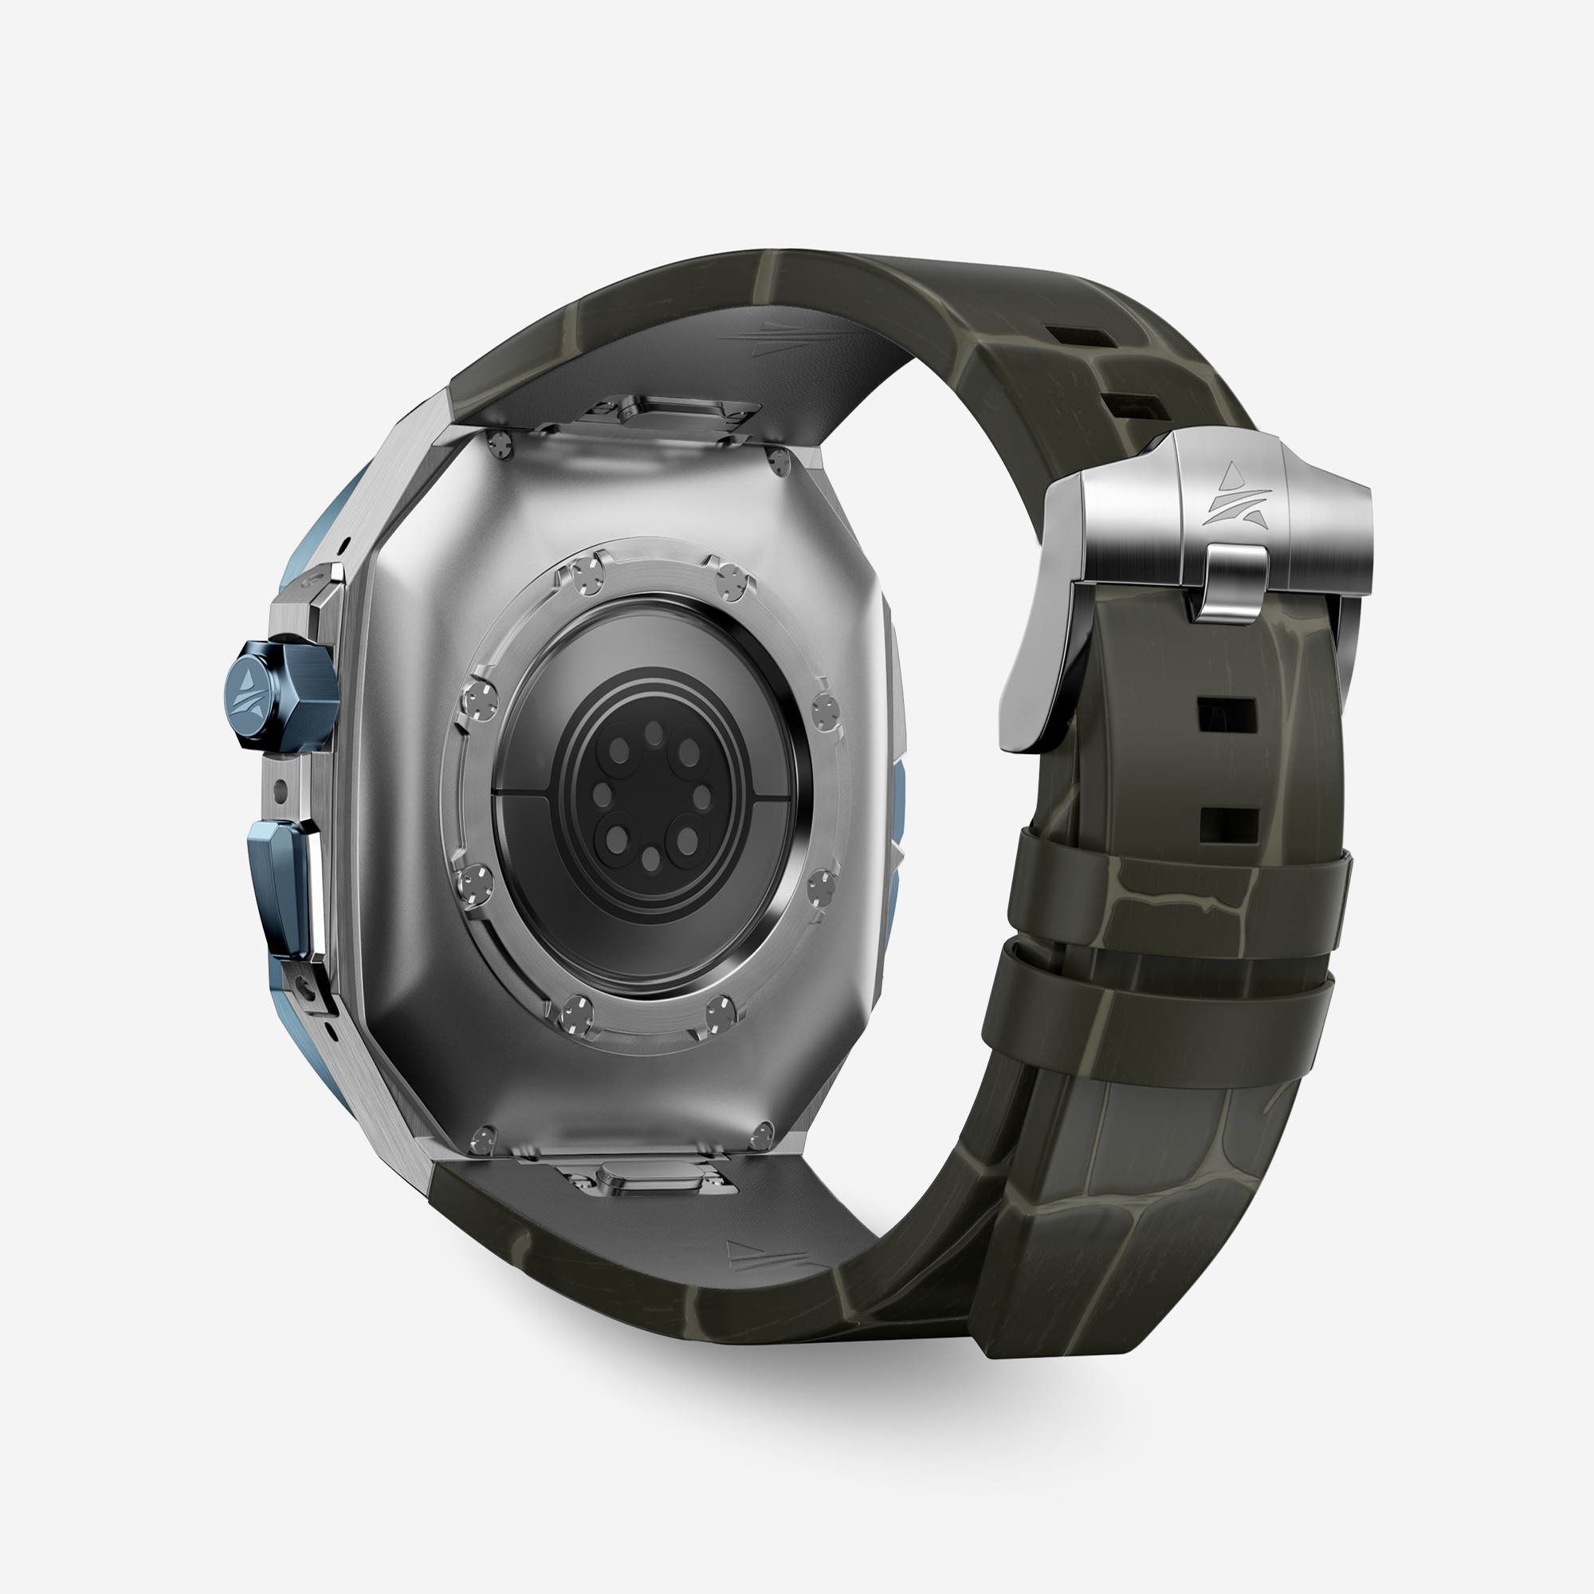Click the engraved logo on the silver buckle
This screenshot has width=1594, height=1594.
coord(1235,495)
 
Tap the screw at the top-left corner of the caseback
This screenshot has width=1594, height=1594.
coord(498,446)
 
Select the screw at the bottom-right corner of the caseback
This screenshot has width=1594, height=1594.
coord(764,1134)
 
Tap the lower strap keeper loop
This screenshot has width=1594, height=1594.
coord(1155,1019)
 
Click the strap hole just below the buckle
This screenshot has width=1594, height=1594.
coord(1227,714)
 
